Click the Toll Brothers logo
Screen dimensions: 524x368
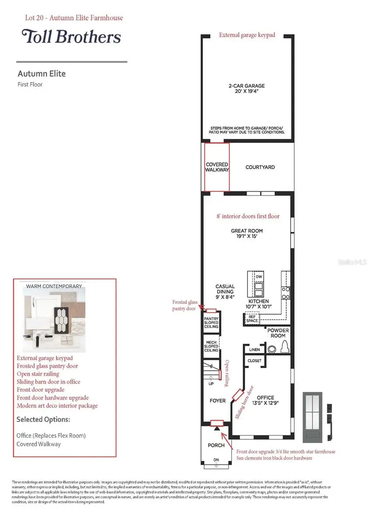tap(71, 37)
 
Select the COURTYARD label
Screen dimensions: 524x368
tap(260, 167)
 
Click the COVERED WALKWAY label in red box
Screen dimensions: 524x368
tap(217, 167)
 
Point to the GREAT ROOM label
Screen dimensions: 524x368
tap(247, 234)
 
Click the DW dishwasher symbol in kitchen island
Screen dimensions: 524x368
tap(258, 277)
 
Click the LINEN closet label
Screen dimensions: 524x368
tap(255, 350)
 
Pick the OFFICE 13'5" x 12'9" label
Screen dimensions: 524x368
tap(265, 400)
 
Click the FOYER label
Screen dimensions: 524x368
tap(218, 400)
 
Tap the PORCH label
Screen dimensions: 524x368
tap(216, 445)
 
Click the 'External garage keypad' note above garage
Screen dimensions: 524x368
tap(247, 35)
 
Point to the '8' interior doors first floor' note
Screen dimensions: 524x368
tap(248, 216)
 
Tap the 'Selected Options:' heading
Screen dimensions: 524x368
tap(43, 419)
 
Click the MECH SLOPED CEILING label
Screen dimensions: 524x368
tap(211, 346)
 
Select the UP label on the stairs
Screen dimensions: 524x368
tap(212, 384)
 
